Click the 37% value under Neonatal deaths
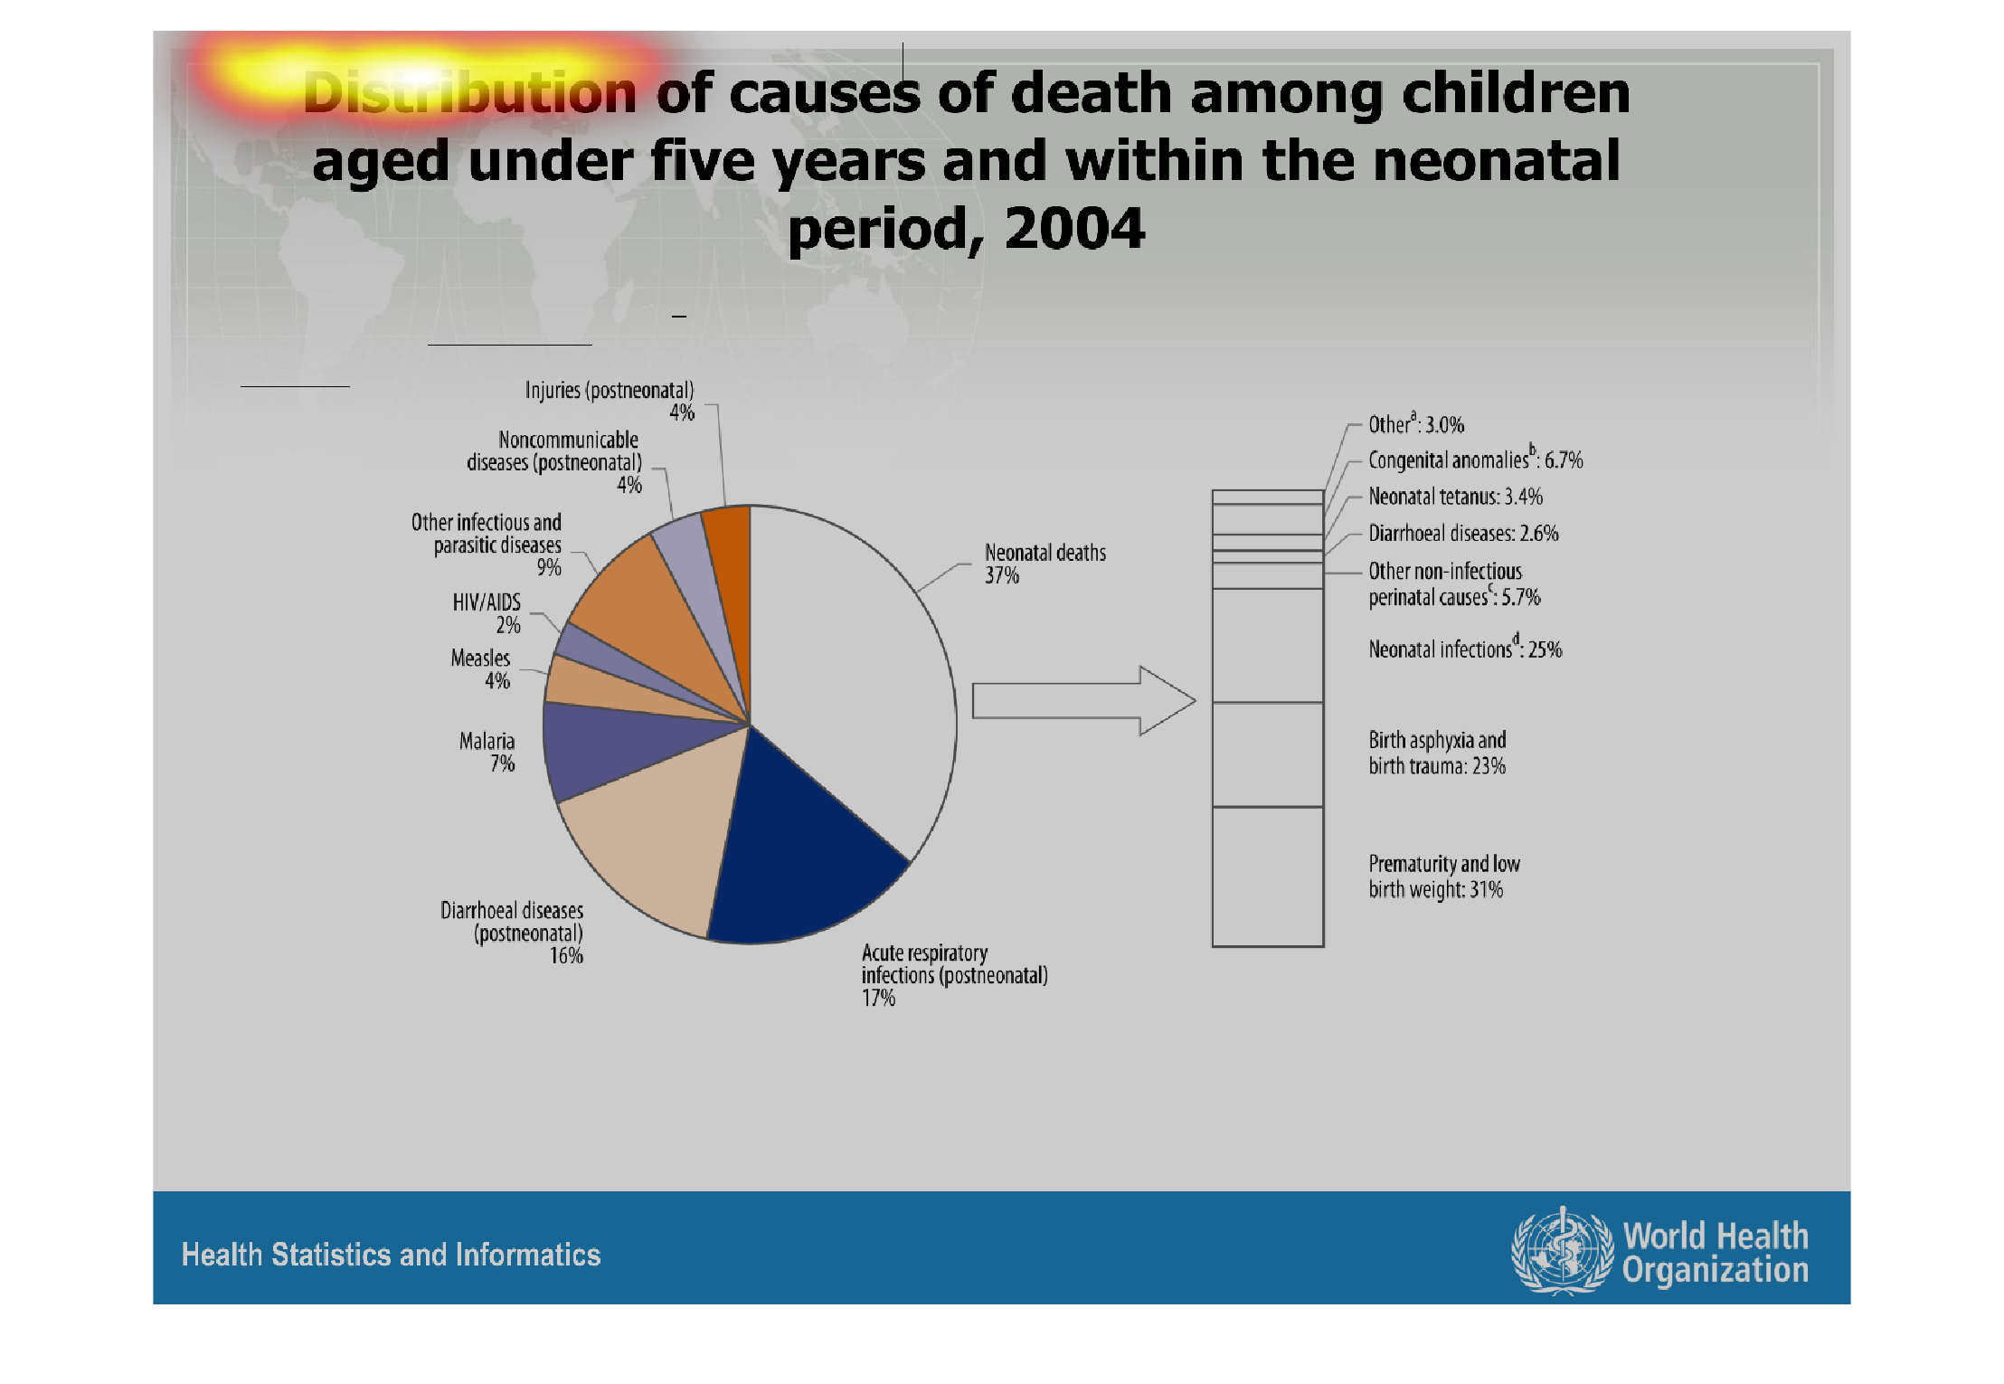[1002, 576]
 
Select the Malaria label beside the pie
[487, 742]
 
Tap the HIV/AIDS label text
[487, 602]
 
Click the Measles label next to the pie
[480, 659]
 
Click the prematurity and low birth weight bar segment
[1268, 876]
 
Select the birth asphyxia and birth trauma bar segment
[1268, 754]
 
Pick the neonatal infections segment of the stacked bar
[1268, 645]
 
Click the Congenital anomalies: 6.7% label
[1475, 460]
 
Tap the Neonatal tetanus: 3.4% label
[1455, 497]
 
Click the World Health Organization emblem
[1563, 1251]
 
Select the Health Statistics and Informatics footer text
[391, 1255]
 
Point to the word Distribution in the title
[470, 92]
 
